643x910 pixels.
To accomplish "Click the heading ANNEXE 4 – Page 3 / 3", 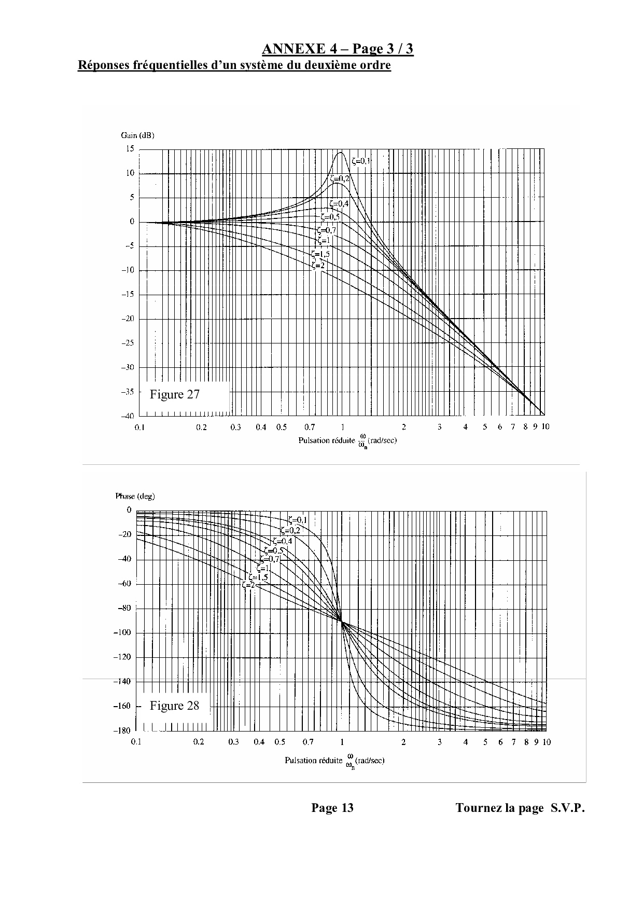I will [338, 49].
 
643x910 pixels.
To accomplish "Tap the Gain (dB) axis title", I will [137, 135].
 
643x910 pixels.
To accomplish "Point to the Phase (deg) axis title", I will [135, 496].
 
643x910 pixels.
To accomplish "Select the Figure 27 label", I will [174, 394].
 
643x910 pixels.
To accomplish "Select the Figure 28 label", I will [174, 706].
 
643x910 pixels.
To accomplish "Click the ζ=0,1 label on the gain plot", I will [361, 161].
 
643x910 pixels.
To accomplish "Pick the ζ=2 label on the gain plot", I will [318, 265].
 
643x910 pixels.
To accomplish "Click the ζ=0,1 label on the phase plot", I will [298, 520].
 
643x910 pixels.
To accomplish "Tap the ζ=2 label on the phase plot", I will [248, 584].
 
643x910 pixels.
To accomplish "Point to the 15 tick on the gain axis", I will [130, 149].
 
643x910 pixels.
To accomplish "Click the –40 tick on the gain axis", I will [128, 416].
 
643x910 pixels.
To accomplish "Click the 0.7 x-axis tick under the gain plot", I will [310, 427].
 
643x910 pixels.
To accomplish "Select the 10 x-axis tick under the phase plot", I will [546, 742].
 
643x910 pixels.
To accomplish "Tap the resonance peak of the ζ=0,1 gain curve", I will [341, 152].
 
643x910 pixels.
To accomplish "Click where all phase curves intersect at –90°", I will [342, 621].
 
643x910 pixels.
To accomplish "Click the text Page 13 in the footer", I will [332, 808].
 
